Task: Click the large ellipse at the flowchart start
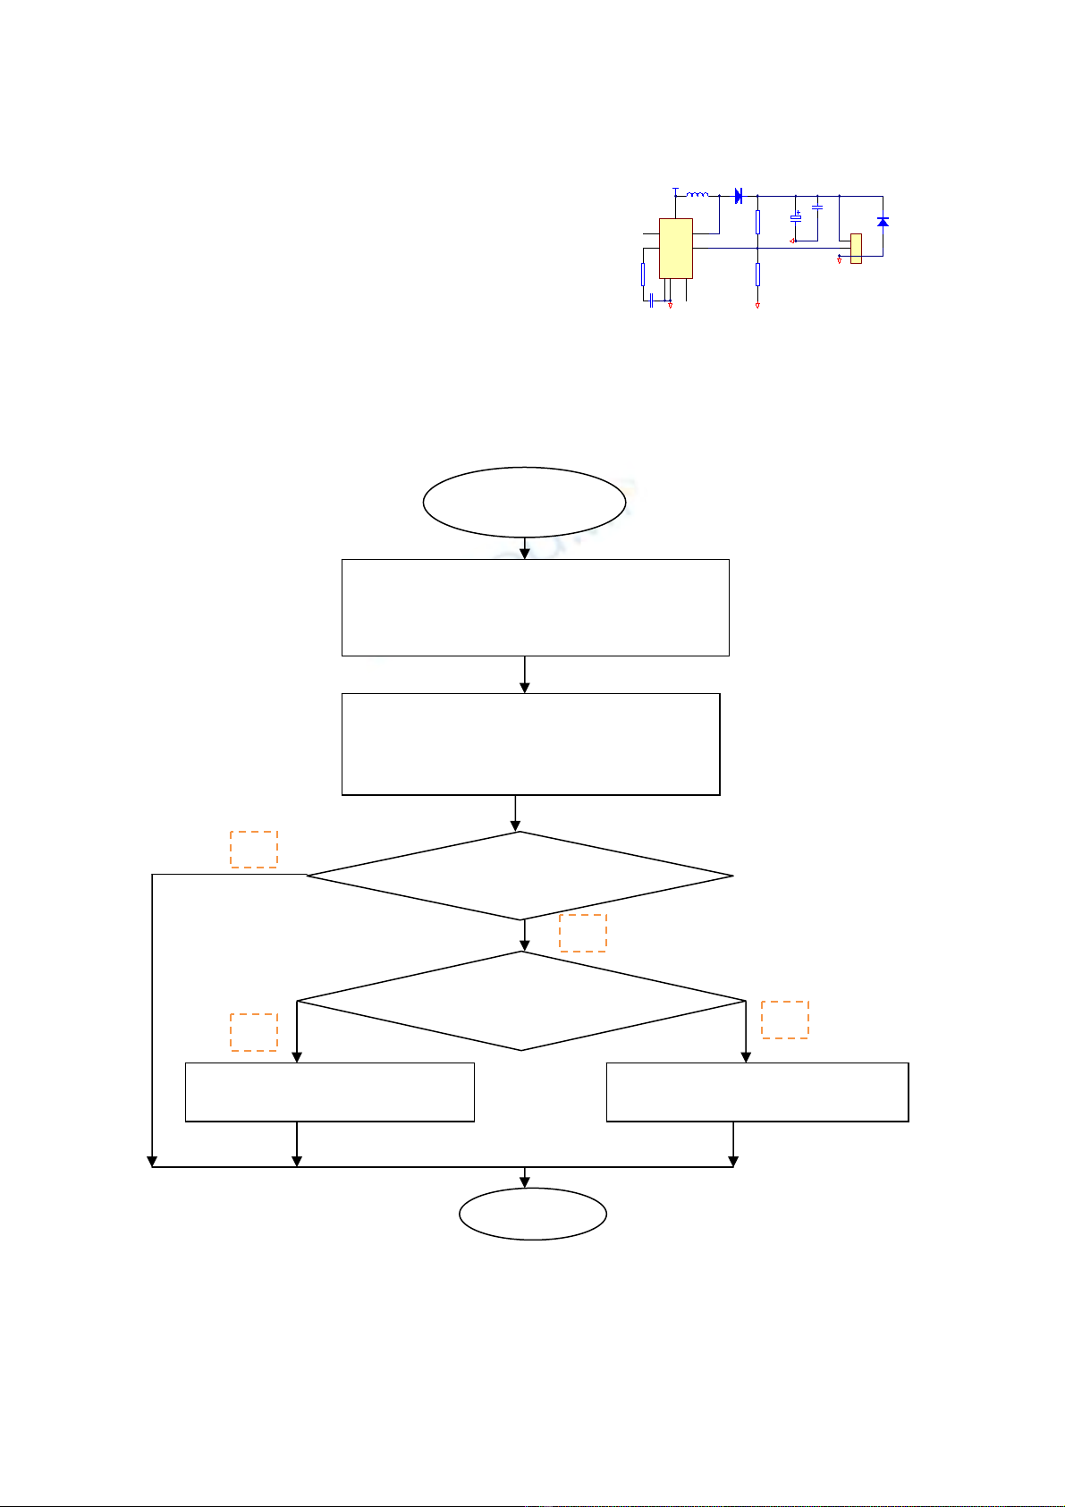point(524,502)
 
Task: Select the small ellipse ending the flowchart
point(533,1214)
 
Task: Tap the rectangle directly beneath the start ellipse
point(535,608)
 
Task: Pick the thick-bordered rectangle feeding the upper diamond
point(531,744)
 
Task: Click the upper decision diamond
point(520,876)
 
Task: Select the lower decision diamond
point(521,1001)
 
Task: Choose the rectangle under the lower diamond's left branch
point(329,1092)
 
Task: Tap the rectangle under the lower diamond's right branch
point(757,1092)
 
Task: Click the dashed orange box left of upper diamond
point(254,849)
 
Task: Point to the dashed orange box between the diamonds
point(583,932)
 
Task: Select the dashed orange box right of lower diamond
point(785,1020)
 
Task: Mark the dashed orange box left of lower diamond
point(254,1032)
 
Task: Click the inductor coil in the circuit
point(697,194)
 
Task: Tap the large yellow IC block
point(676,249)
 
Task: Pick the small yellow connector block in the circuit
point(856,249)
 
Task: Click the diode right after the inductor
point(739,196)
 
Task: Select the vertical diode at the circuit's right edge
point(883,221)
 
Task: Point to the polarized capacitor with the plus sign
point(796,218)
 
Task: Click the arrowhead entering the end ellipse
point(525,1181)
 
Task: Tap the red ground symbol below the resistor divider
point(757,306)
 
